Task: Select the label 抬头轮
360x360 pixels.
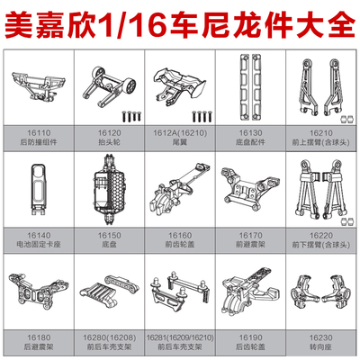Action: pyautogui.click(x=109, y=141)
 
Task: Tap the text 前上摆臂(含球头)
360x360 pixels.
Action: pyautogui.click(x=320, y=141)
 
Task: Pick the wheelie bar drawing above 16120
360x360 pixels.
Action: pyautogui.click(x=109, y=88)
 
